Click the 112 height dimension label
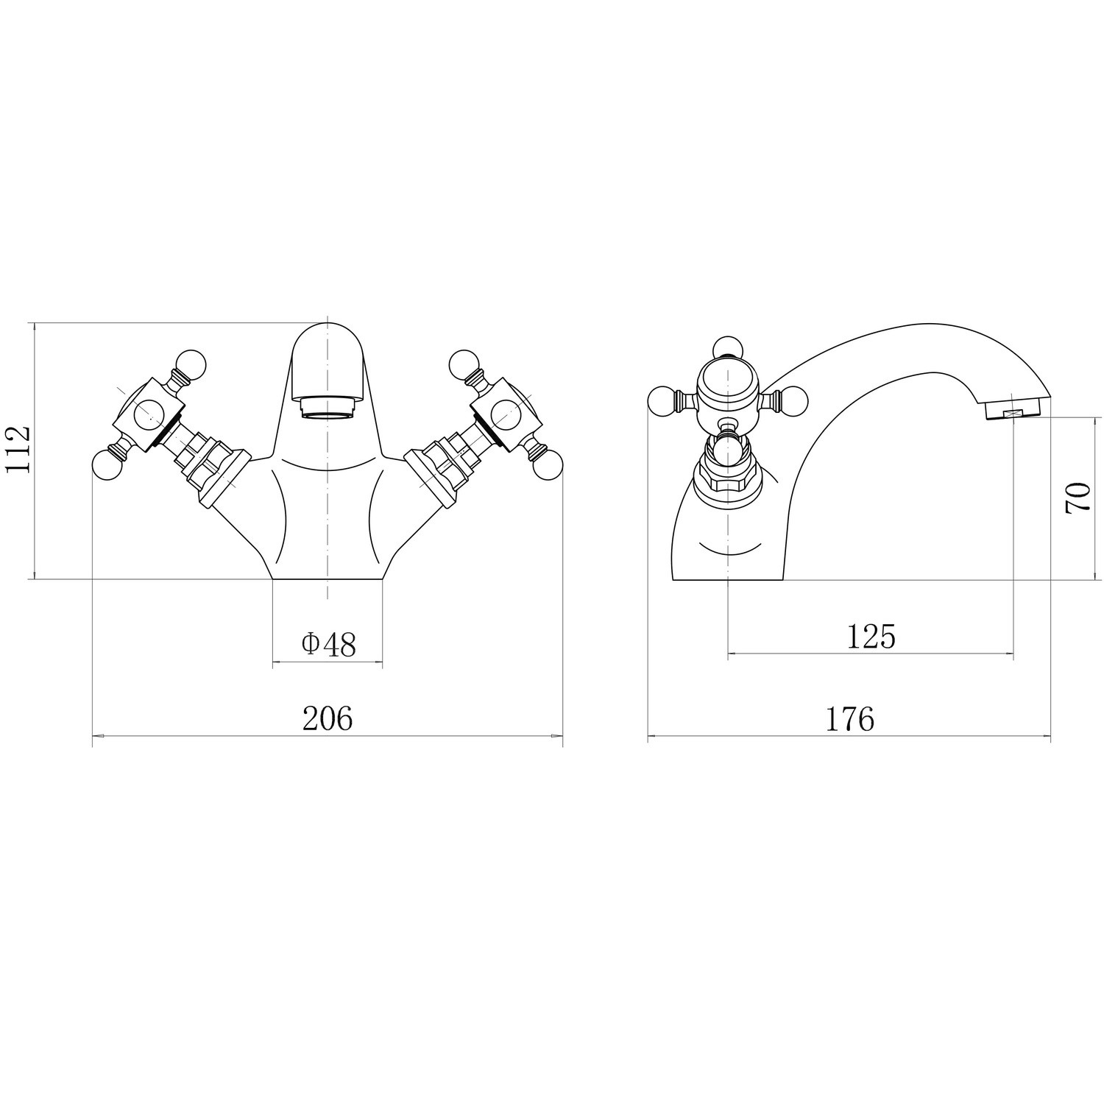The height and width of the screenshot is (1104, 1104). (x=19, y=450)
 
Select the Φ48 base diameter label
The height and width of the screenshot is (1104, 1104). (x=328, y=645)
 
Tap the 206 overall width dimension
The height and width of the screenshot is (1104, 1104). (x=328, y=718)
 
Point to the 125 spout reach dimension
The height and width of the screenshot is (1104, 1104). (x=871, y=637)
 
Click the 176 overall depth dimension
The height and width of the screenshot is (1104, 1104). (x=849, y=719)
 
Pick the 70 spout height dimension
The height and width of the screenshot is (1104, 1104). (x=1077, y=498)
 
